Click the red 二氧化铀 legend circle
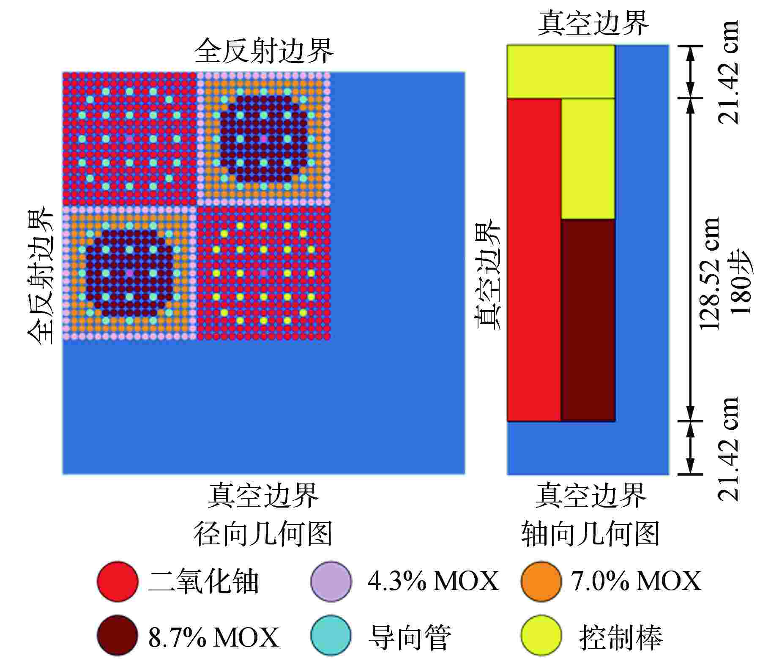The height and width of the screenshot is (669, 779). (x=118, y=581)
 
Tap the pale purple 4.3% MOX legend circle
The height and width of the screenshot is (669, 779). (x=331, y=581)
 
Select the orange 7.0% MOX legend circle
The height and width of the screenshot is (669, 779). (x=541, y=581)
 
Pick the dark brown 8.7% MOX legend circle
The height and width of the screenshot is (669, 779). (x=118, y=635)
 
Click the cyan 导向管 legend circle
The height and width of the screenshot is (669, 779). (x=331, y=635)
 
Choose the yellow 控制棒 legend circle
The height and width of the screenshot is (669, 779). (x=541, y=635)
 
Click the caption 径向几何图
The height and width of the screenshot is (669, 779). (x=263, y=534)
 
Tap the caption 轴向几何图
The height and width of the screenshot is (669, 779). (x=590, y=534)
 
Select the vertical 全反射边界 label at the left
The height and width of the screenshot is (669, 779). (x=41, y=275)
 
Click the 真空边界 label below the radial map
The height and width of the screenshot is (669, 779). (x=263, y=495)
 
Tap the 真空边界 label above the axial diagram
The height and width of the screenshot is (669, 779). (x=593, y=24)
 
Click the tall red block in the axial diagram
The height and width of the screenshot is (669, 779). (x=534, y=259)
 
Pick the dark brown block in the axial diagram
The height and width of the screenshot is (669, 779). (x=588, y=320)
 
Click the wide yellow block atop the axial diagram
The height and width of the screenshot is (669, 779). (x=560, y=71)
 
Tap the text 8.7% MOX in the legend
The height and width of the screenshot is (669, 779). (x=213, y=637)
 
